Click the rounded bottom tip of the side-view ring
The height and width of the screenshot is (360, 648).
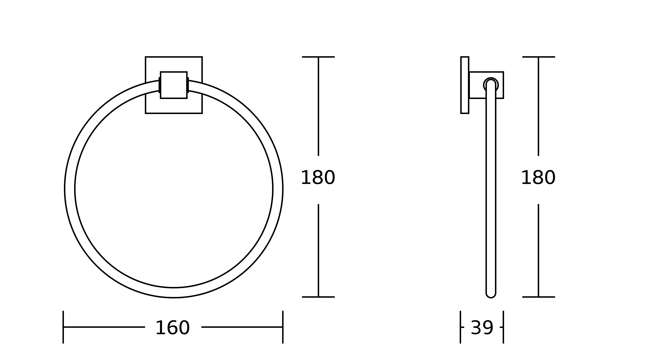pos(491,298)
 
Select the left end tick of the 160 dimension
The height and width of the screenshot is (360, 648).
pos(63,327)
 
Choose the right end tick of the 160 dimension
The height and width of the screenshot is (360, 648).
pos(283,327)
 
